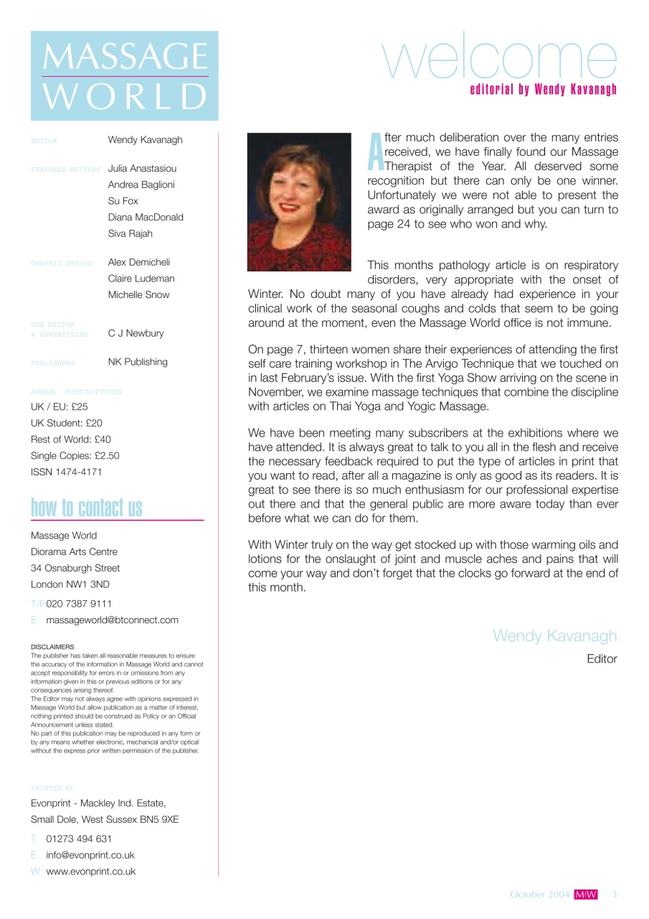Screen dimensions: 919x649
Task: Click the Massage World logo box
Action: pyautogui.click(x=124, y=75)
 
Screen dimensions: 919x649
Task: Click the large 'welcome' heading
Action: pyautogui.click(x=500, y=57)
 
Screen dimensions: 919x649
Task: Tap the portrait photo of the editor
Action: pyautogui.click(x=299, y=202)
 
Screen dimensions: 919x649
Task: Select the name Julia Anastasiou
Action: pyautogui.click(x=142, y=169)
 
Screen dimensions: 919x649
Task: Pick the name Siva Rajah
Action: pyautogui.click(x=130, y=233)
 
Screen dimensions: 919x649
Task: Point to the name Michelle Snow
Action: pyautogui.click(x=139, y=295)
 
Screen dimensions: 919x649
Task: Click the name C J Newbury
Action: pyautogui.click(x=136, y=333)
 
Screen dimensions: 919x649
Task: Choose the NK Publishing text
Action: pyautogui.click(x=138, y=362)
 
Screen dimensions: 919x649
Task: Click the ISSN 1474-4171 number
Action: pyautogui.click(x=67, y=472)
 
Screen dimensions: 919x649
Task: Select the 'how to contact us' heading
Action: pyautogui.click(x=87, y=508)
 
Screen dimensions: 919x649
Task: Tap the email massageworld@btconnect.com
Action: pyautogui.click(x=112, y=620)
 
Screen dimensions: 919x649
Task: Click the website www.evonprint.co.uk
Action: pyautogui.click(x=90, y=872)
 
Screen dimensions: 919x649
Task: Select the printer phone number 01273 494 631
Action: pyautogui.click(x=79, y=839)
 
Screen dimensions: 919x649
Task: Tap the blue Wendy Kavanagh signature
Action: pyautogui.click(x=554, y=636)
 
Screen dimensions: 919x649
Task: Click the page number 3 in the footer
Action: pyautogui.click(x=615, y=895)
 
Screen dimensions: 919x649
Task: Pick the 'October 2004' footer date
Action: pyautogui.click(x=540, y=895)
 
